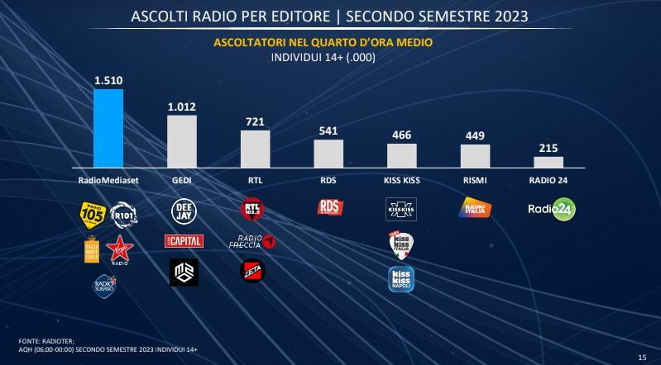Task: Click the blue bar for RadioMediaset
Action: click(108, 128)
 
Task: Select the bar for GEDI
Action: click(182, 141)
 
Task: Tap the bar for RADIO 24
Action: click(548, 162)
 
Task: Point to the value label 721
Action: click(255, 122)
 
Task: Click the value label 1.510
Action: click(108, 81)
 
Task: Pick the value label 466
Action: click(401, 136)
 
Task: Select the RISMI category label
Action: click(475, 179)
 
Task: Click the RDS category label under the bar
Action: click(328, 179)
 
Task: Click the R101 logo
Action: click(122, 214)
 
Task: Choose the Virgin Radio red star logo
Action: click(119, 248)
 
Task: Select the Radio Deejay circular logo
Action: click(184, 211)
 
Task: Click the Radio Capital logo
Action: click(184, 241)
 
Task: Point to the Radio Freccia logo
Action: click(256, 241)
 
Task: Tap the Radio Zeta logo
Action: click(253, 271)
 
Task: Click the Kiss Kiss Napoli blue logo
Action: click(402, 278)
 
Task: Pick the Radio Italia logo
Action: click(475, 209)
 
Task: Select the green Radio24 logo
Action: click(552, 209)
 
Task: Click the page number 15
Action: click(642, 356)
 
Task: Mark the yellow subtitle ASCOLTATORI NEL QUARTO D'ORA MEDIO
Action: click(323, 42)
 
